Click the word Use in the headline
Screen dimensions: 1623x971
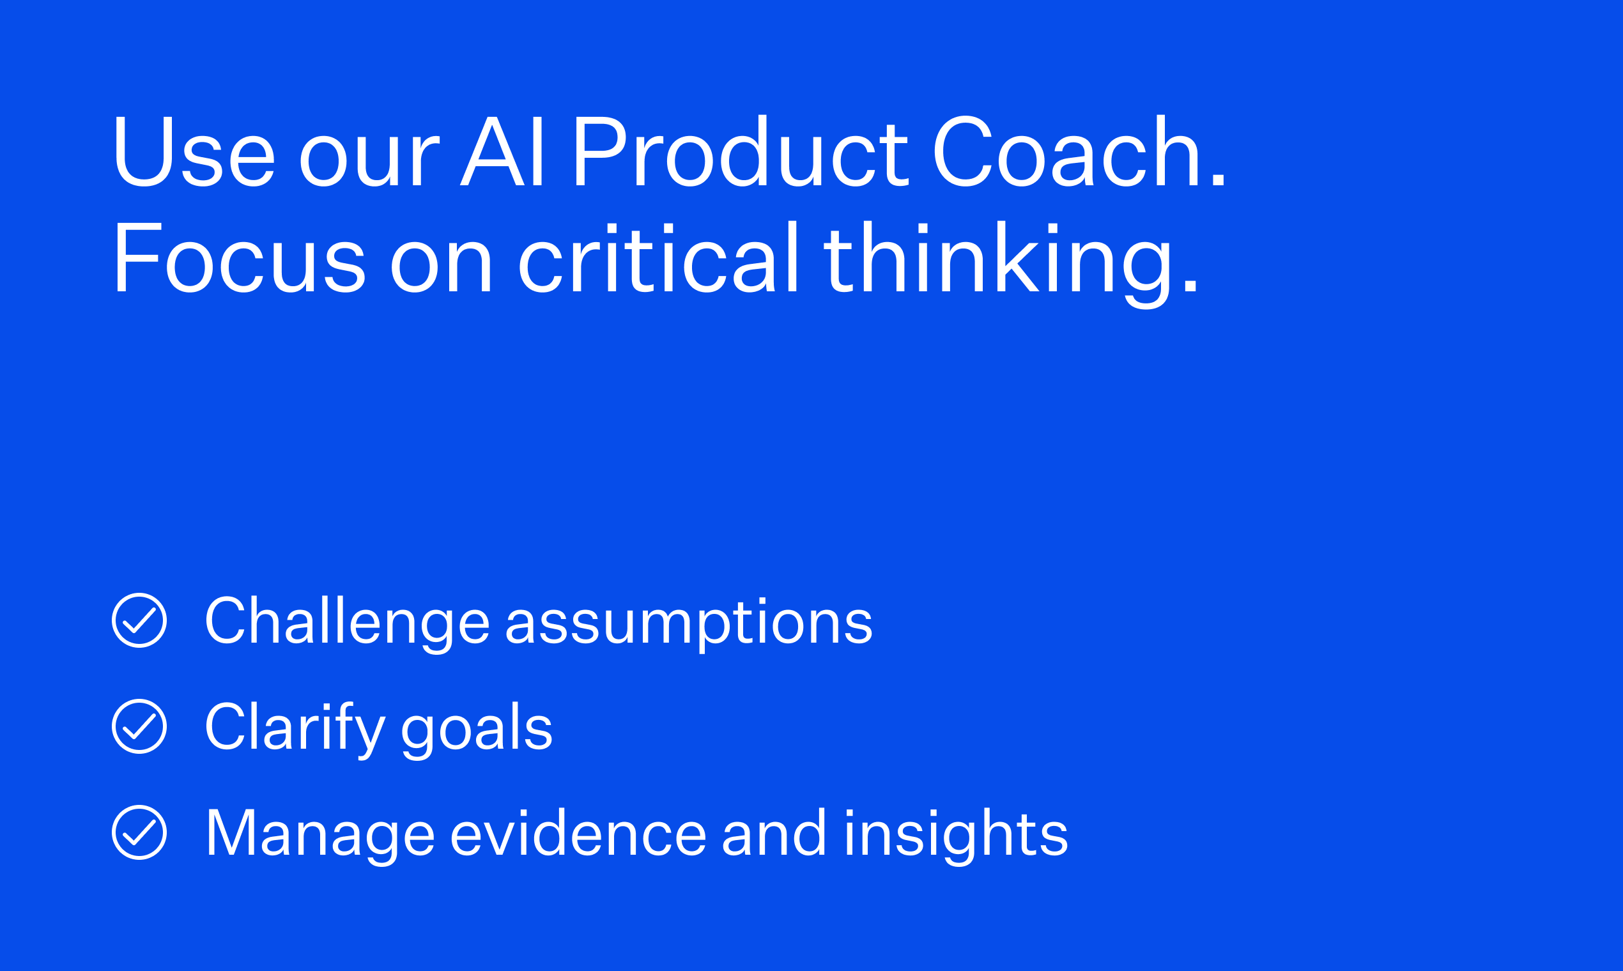click(x=194, y=151)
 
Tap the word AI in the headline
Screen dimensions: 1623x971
click(x=502, y=151)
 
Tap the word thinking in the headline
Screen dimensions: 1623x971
click(x=1011, y=264)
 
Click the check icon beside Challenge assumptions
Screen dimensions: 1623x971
click(x=139, y=620)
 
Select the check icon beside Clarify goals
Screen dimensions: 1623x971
click(x=139, y=726)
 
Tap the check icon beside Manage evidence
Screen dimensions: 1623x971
click(x=139, y=832)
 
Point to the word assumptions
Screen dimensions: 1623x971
click(x=689, y=625)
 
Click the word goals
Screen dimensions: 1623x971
click(x=477, y=731)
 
